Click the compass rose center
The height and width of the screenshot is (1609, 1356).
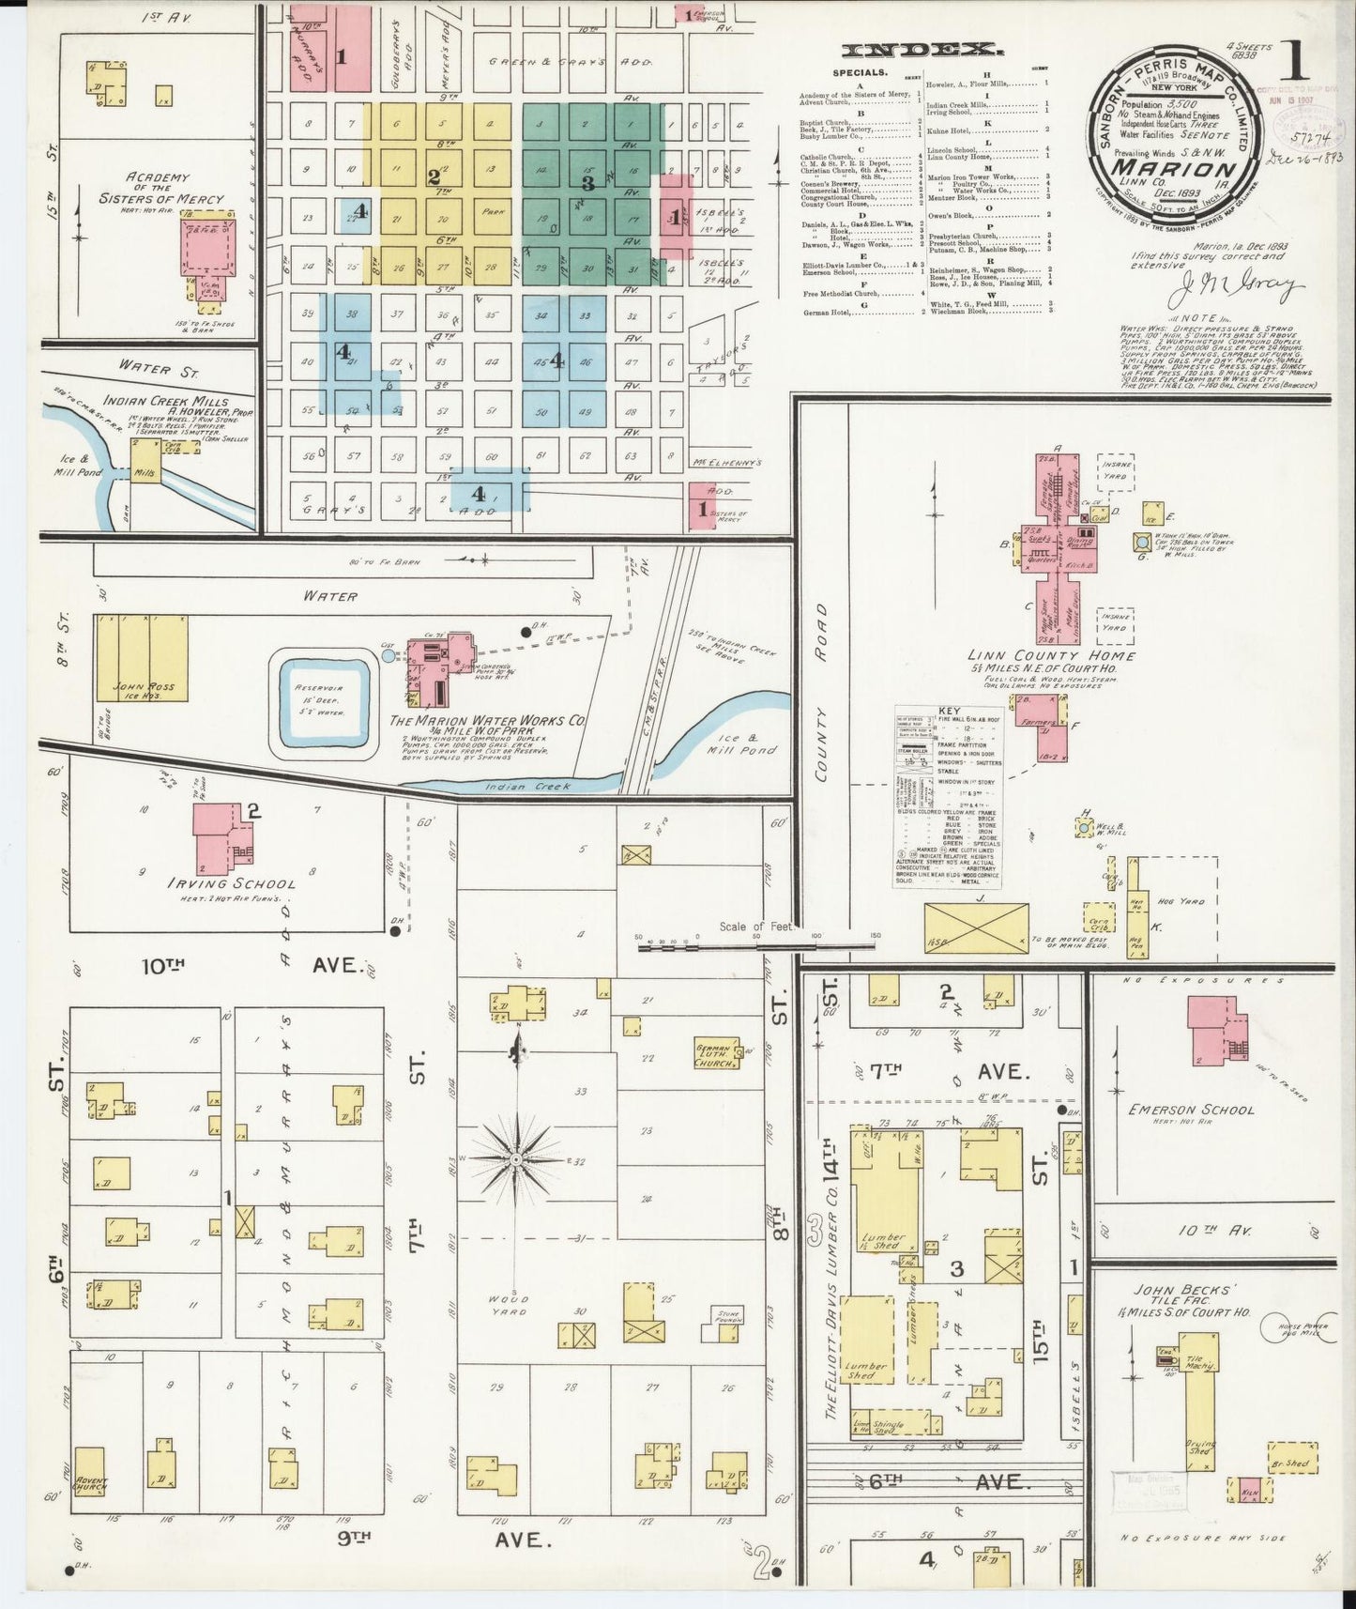pyautogui.click(x=516, y=1160)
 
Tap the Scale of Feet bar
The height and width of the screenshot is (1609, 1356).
pyautogui.click(x=755, y=947)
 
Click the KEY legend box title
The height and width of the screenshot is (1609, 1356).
pyautogui.click(x=948, y=713)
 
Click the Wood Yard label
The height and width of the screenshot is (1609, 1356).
pyautogui.click(x=510, y=1305)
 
